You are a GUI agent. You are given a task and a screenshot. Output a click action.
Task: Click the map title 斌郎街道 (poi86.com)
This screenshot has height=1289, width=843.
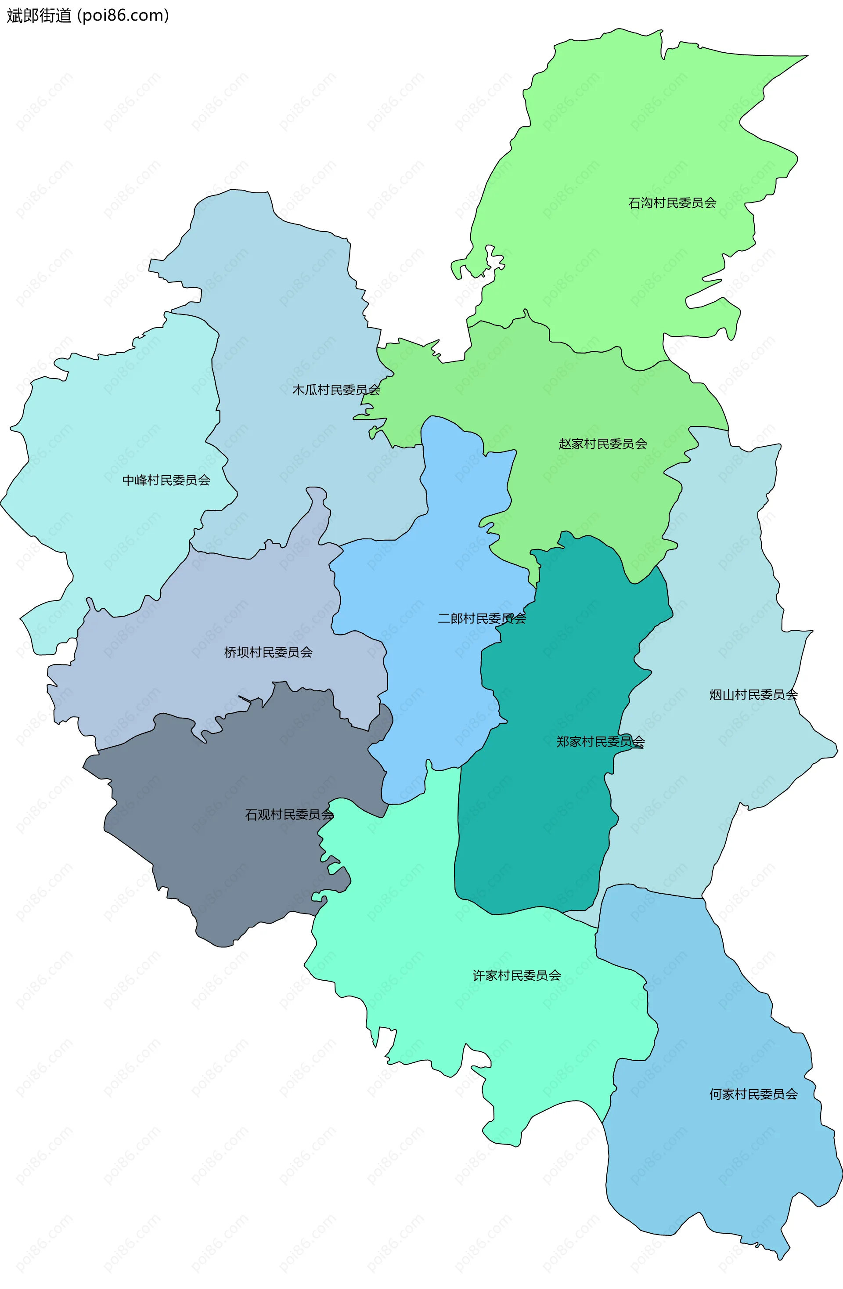click(x=88, y=16)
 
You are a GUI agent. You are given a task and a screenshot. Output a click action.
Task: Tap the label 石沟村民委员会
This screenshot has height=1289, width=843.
click(x=672, y=203)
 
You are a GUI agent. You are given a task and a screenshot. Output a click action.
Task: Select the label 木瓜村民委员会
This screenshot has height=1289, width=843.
click(x=336, y=390)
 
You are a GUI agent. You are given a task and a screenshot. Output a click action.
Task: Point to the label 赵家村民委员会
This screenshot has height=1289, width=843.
click(x=602, y=444)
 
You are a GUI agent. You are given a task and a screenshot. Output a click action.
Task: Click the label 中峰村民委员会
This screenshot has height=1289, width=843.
click(x=166, y=480)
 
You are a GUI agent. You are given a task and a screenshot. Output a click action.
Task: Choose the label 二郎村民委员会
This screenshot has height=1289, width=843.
click(x=481, y=618)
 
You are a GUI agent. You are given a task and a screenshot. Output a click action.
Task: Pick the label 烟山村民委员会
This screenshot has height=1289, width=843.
click(x=753, y=695)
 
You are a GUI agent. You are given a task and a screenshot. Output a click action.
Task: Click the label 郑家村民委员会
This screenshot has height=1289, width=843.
click(x=601, y=742)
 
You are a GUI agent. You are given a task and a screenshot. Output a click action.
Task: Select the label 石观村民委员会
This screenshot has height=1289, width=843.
click(x=289, y=815)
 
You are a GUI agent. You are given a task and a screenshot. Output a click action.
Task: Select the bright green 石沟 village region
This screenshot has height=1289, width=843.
click(x=623, y=135)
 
